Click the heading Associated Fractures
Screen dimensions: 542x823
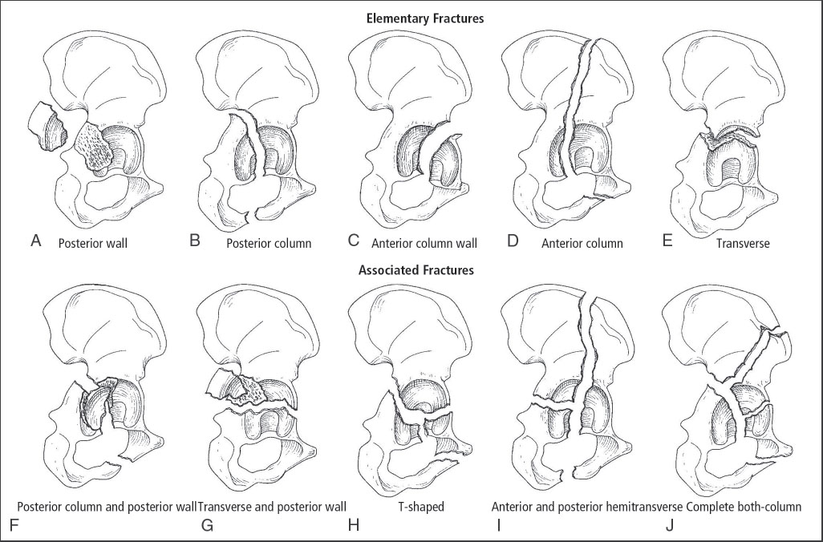click(416, 270)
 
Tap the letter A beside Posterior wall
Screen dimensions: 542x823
click(35, 240)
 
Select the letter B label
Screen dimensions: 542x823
click(195, 240)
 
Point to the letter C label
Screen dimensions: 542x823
click(355, 240)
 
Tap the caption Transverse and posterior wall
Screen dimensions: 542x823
click(272, 507)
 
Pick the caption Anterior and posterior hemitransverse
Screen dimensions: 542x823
click(587, 507)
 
